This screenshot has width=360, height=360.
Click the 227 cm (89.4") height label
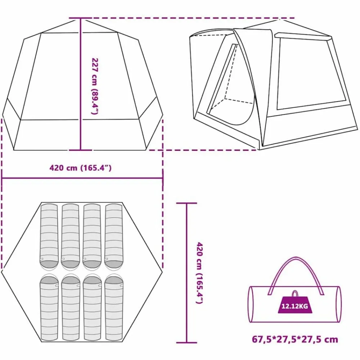click(95, 86)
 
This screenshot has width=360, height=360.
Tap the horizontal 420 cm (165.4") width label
click(80, 168)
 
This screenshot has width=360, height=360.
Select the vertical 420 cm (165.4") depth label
click(200, 273)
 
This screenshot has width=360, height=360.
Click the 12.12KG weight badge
click(294, 306)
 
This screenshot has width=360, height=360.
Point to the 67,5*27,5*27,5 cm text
click(295, 339)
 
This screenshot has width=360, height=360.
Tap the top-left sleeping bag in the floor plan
click(49, 237)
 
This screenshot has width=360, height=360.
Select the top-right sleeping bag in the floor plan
click(114, 237)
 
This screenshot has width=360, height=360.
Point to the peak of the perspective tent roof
click(280, 20)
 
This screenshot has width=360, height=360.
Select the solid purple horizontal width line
click(82, 178)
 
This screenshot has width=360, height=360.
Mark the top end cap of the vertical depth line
click(186, 203)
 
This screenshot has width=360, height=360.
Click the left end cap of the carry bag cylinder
click(251, 304)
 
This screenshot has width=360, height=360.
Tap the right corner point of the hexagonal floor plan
click(162, 272)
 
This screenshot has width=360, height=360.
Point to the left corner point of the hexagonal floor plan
click(1, 272)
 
